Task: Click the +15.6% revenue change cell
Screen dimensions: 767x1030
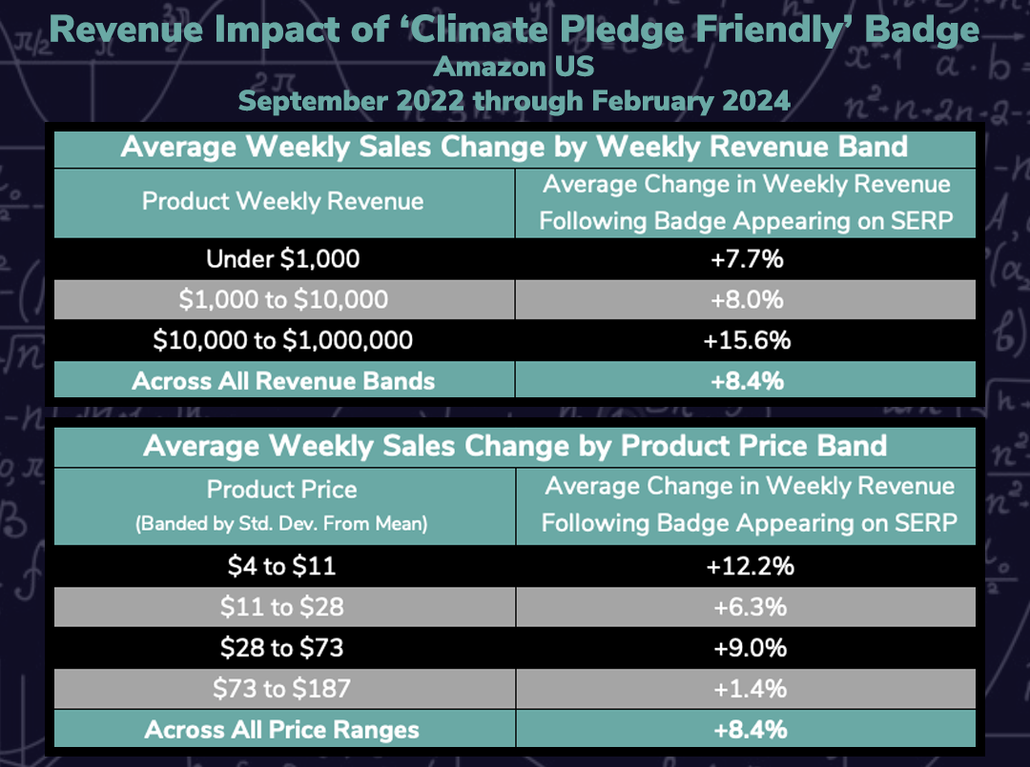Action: [x=747, y=340]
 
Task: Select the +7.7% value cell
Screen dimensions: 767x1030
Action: [x=747, y=258]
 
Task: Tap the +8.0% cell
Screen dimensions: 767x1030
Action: [x=747, y=299]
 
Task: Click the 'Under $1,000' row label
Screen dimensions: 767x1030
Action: [x=283, y=258]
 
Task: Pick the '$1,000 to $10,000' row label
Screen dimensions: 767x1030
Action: [x=283, y=299]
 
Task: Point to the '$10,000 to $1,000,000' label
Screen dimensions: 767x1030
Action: [x=283, y=340]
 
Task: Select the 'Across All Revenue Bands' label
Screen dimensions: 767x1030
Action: [x=283, y=381]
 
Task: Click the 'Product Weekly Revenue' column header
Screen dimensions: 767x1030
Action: [x=283, y=201]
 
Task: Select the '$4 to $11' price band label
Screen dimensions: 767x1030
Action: [x=282, y=566]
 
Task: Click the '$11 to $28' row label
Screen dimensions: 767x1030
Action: [x=282, y=607]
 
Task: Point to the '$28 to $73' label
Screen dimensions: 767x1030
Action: [x=282, y=648]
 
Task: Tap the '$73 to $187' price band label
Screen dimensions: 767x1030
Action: [x=282, y=689]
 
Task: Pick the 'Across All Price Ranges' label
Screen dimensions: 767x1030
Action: [x=282, y=731]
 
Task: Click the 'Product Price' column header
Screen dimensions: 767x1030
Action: [x=282, y=490]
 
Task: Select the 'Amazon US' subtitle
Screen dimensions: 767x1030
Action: [x=514, y=67]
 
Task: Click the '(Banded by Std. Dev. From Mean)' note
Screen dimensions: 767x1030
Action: [x=282, y=523]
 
